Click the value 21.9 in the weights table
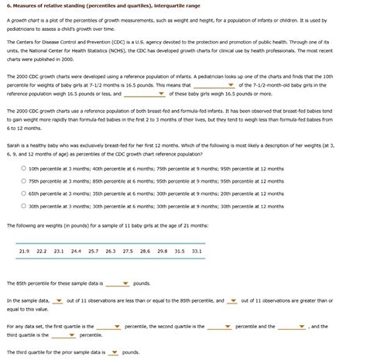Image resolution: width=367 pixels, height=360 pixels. (x=23, y=251)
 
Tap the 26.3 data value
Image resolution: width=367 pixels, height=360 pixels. (x=110, y=251)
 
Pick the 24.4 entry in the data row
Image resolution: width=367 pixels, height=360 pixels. (x=75, y=251)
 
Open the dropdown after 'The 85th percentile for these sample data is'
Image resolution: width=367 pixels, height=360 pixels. (x=118, y=284)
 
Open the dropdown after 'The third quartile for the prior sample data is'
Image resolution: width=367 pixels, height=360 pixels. (x=115, y=351)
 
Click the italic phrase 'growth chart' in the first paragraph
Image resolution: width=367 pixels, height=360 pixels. (x=26, y=22)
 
